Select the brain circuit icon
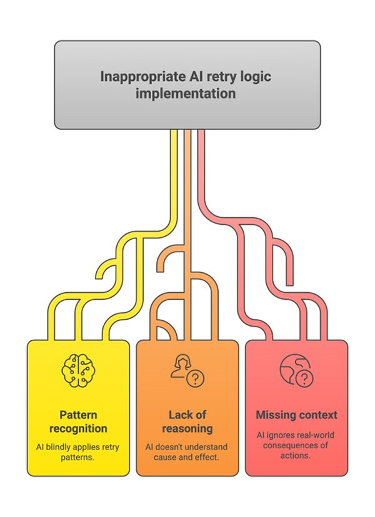pyautogui.click(x=79, y=370)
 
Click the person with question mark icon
pyautogui.click(x=187, y=370)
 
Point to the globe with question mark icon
pyautogui.click(x=296, y=370)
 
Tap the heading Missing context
pyautogui.click(x=296, y=415)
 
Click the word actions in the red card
pyautogui.click(x=296, y=456)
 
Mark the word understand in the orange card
pyautogui.click(x=206, y=447)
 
